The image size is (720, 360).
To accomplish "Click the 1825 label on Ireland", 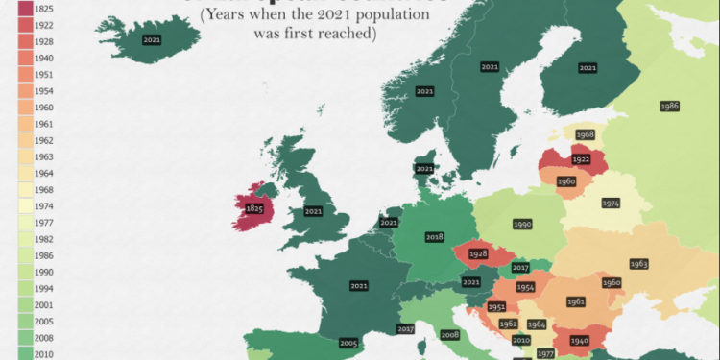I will tap(254, 207).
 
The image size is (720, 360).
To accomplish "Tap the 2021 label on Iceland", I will tap(152, 40).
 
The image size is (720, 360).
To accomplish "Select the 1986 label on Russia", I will tap(670, 105).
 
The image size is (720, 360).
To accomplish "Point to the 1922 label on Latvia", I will tap(580, 160).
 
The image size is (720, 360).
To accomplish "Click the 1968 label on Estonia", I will tap(585, 134).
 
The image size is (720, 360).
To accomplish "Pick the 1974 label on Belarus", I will tap(611, 203).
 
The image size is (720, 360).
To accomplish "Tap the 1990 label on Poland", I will tap(522, 224).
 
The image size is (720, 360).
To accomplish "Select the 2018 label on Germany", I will tap(434, 236).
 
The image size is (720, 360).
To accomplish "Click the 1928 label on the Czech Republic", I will tap(478, 254).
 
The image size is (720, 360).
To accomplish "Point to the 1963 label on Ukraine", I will tap(639, 263).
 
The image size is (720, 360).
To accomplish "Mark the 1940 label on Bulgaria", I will tap(579, 340).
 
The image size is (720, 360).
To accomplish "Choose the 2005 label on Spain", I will tap(348, 343).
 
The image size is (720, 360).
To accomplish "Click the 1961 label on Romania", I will tap(576, 301).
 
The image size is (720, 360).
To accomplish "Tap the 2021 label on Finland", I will tap(588, 68).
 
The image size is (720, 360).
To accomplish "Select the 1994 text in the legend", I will tap(44, 288).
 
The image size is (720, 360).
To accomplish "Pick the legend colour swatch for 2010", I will tap(24, 352).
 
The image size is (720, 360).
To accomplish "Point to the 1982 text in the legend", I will tap(44, 238).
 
